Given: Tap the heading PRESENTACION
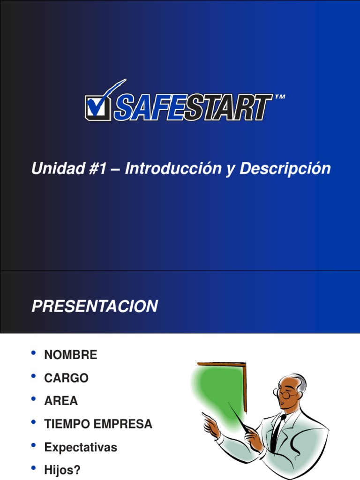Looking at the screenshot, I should (x=94, y=307).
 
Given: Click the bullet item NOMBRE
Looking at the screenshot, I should (x=71, y=355).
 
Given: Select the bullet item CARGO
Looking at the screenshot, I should (x=66, y=378).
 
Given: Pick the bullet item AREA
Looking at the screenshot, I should (x=61, y=401).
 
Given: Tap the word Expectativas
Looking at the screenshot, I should (x=81, y=448).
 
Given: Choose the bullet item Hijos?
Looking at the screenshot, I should (x=62, y=471).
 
